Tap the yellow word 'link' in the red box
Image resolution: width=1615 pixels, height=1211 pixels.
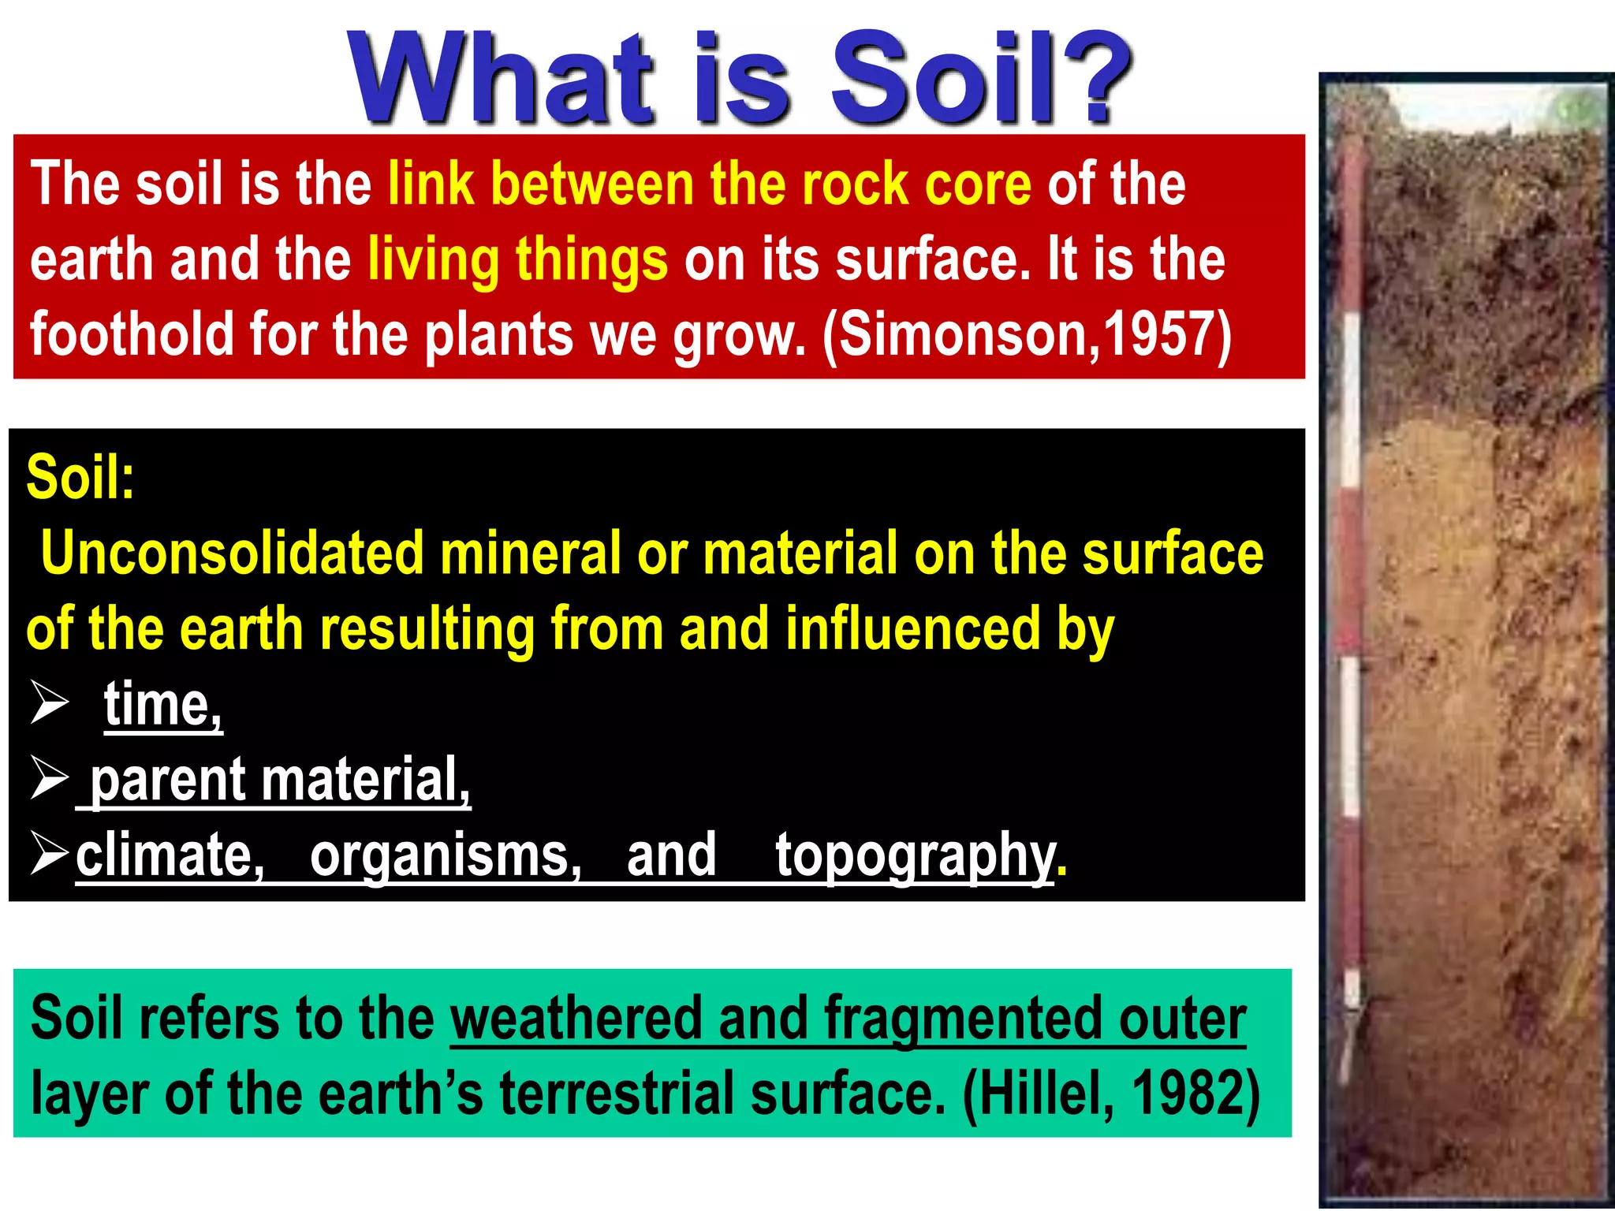[431, 183]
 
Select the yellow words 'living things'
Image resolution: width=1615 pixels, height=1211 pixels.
[517, 259]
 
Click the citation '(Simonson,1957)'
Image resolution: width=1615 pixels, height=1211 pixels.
[1026, 334]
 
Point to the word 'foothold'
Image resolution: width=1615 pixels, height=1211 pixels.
[131, 333]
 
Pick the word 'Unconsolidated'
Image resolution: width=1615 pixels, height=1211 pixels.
[233, 553]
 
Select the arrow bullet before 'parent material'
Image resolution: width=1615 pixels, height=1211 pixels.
[49, 777]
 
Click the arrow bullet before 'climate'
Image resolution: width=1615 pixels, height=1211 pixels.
[49, 853]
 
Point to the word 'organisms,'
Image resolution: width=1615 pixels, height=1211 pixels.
[446, 855]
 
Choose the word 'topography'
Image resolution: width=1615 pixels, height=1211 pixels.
[915, 855]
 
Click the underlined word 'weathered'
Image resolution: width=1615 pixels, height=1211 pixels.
[576, 1018]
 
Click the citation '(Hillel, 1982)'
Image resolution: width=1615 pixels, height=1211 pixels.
[1111, 1094]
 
